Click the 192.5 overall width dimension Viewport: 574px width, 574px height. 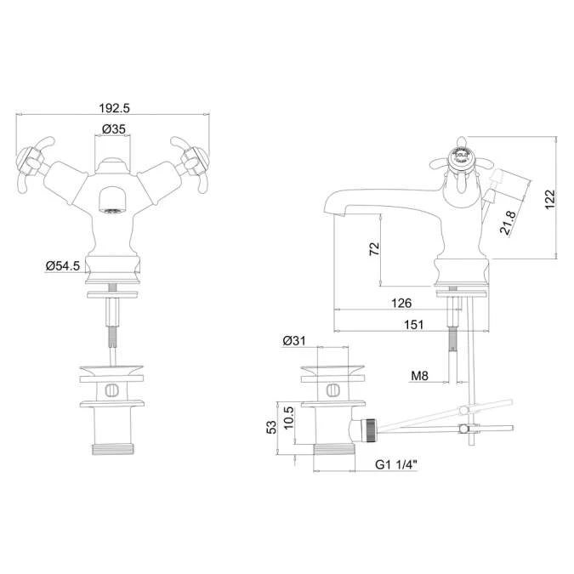click(114, 108)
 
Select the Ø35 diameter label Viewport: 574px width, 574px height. click(114, 129)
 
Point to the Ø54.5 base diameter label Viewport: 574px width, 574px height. click(62, 266)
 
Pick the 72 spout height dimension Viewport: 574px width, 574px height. click(373, 248)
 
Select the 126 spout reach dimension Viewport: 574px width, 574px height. click(402, 304)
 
